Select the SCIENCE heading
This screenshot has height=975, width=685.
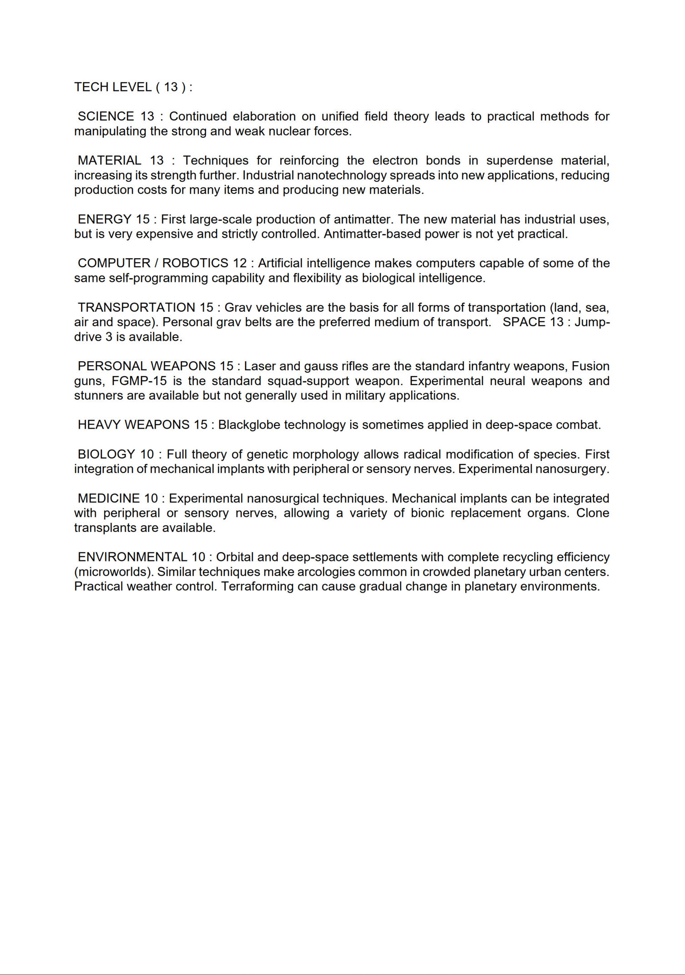tap(106, 116)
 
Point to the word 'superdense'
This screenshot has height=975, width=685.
tap(520, 160)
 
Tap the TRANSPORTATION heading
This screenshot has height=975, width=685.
tap(136, 307)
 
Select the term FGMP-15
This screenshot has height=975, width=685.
tap(139, 381)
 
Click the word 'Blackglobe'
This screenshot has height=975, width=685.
tap(250, 425)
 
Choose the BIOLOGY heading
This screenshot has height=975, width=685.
tap(106, 454)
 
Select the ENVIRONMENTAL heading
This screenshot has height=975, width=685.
tap(133, 557)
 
